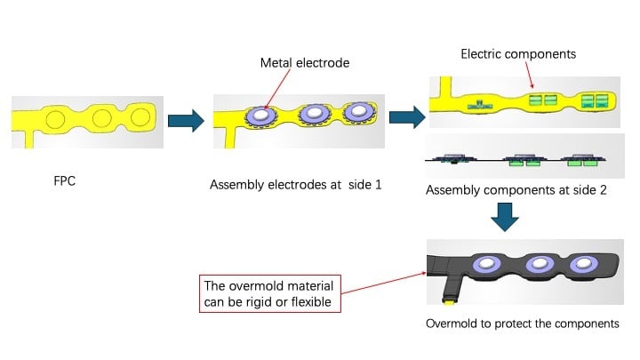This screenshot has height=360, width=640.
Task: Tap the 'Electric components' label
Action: [518, 54]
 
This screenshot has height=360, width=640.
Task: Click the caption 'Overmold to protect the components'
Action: [524, 323]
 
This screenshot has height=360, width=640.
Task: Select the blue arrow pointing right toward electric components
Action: [404, 116]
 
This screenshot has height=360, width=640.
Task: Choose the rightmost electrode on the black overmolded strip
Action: [584, 264]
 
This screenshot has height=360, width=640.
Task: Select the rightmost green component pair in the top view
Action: [595, 100]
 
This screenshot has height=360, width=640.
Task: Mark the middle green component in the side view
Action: [525, 162]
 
